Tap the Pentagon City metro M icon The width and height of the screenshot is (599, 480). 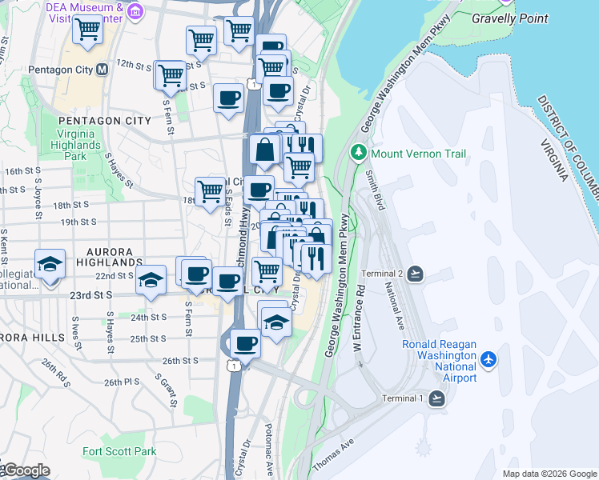102,70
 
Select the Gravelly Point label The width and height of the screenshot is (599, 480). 510,18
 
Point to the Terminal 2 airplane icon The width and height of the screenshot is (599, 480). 415,274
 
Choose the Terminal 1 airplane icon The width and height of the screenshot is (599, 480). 437,398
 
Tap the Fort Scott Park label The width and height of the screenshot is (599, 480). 119,451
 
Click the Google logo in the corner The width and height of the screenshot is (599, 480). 26,470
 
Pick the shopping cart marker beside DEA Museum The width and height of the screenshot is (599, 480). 87,30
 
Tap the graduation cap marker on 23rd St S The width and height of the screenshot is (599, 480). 151,280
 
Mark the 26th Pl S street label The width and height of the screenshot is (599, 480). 122,382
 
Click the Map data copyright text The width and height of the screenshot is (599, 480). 549,474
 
